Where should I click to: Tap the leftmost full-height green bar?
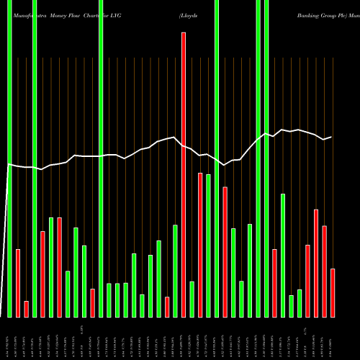pyautogui.click(x=9, y=158)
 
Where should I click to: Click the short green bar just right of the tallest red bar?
pyautogui.click(x=192, y=299)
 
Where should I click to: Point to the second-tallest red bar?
pyautogui.click(x=200, y=245)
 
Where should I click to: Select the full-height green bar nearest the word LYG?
pyautogui.click(x=101, y=158)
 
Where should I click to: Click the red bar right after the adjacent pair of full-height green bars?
pyautogui.click(x=274, y=283)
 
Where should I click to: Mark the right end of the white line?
pyautogui.click(x=331, y=137)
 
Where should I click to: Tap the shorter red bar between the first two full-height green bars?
pyautogui.click(x=27, y=309)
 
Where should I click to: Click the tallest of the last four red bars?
pyautogui.click(x=316, y=263)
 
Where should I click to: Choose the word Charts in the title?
pyautogui.click(x=93, y=14)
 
